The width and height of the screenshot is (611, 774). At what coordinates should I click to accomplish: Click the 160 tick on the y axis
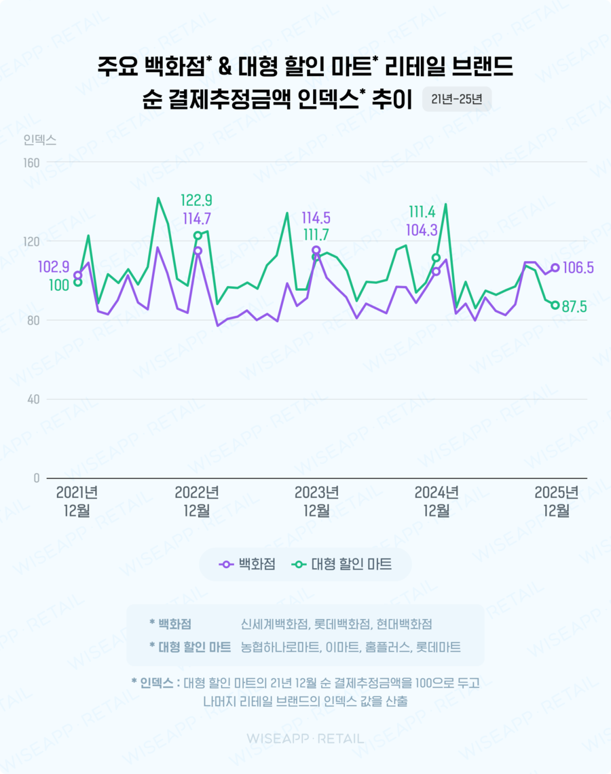tap(31, 162)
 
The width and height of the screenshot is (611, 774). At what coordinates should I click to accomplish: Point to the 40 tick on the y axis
tap(33, 399)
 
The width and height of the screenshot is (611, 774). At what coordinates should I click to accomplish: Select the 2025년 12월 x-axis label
tap(557, 502)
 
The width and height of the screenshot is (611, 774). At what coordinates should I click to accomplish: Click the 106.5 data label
tap(578, 268)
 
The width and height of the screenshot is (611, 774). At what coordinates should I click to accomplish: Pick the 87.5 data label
tap(574, 307)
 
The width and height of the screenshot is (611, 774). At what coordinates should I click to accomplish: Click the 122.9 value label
tap(196, 200)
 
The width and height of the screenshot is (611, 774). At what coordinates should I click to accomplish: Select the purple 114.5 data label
tap(316, 219)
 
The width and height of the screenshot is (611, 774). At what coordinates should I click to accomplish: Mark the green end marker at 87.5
tap(555, 305)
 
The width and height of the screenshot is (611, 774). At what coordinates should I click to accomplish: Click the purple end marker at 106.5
tap(555, 268)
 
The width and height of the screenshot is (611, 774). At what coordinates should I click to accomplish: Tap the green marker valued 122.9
tap(198, 236)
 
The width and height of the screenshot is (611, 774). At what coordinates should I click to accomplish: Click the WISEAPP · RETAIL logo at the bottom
tap(305, 739)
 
